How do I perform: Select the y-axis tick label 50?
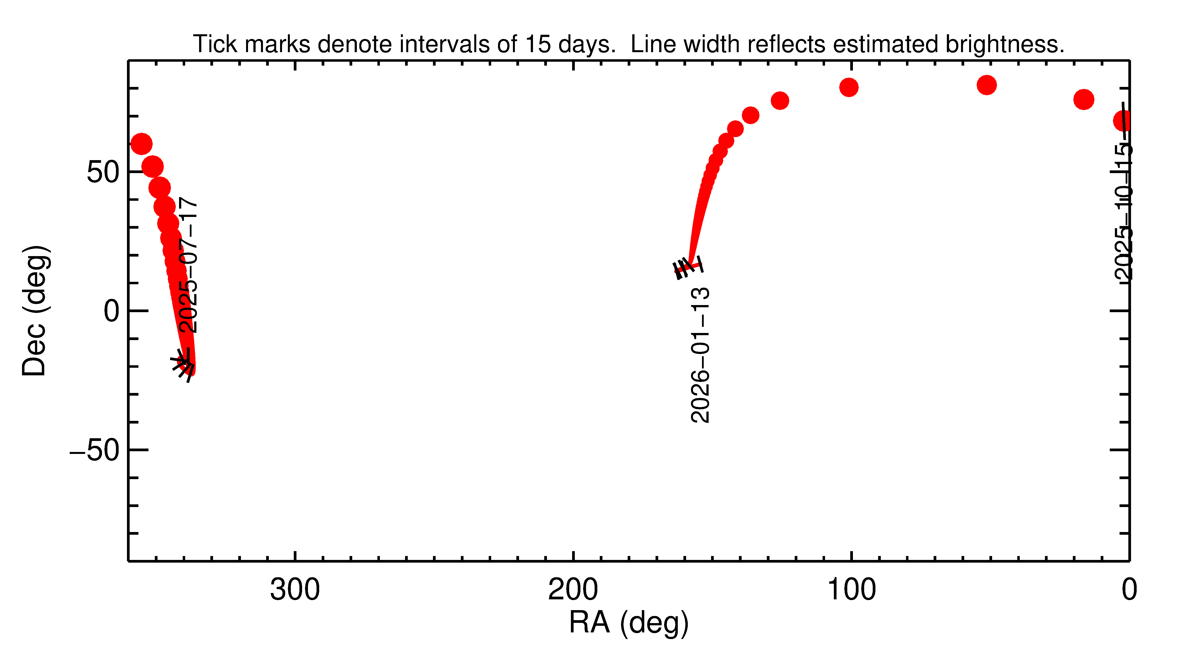pyautogui.click(x=102, y=172)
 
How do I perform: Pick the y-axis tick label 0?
pyautogui.click(x=111, y=311)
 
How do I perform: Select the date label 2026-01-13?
pyautogui.click(x=700, y=355)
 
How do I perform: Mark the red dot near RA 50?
pyautogui.click(x=986, y=85)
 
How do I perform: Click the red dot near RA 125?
pyautogui.click(x=780, y=101)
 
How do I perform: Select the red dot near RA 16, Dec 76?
pyautogui.click(x=1083, y=99)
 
